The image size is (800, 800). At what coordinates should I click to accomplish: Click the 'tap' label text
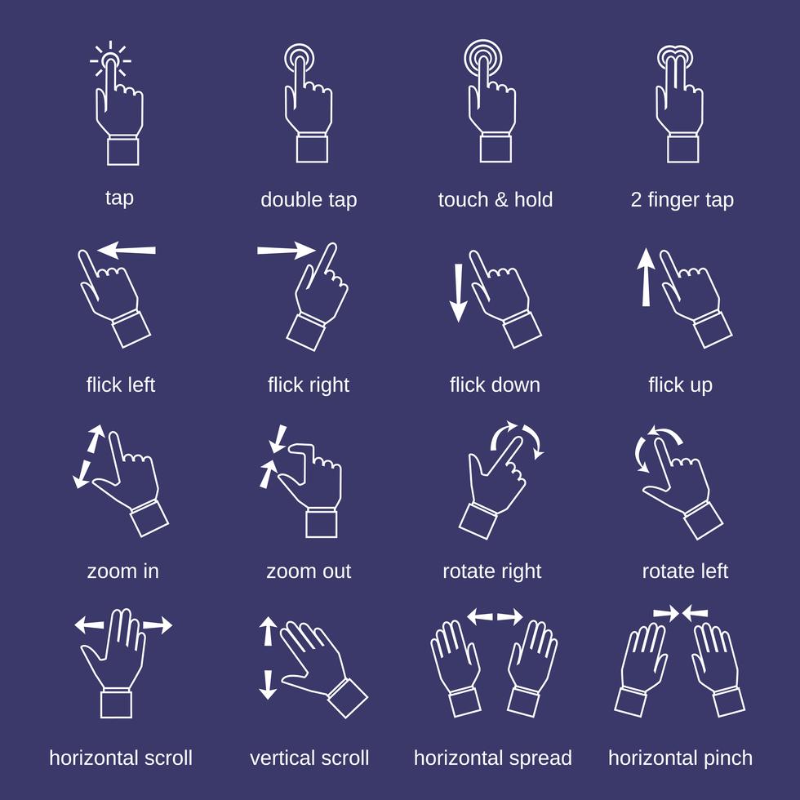coord(119,198)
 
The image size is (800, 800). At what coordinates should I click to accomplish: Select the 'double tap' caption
coord(308,200)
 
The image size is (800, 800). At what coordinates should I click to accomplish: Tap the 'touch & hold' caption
coord(495,200)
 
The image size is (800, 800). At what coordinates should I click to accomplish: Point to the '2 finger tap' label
coord(682,200)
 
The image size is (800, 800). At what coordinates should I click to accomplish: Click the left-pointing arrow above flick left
coord(127,250)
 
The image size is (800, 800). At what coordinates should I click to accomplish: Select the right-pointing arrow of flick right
coord(286,250)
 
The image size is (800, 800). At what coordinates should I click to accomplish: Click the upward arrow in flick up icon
coord(646,278)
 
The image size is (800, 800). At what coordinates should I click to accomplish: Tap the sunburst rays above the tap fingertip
coord(111,60)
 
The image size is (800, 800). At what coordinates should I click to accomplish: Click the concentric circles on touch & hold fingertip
coord(483,58)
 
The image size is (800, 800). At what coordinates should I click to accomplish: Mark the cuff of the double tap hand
coord(312,149)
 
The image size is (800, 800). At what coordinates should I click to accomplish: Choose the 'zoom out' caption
coord(308,571)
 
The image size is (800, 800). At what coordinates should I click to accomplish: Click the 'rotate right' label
coord(491,571)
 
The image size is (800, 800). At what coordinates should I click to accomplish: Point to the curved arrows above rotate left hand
coord(657,445)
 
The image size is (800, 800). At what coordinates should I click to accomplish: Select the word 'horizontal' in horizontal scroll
coord(91,758)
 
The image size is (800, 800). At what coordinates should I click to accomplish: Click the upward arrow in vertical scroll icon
coord(268,631)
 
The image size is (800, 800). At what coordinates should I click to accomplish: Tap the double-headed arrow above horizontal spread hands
coord(495,616)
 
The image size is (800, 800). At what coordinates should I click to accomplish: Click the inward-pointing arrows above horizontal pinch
coord(681,611)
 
